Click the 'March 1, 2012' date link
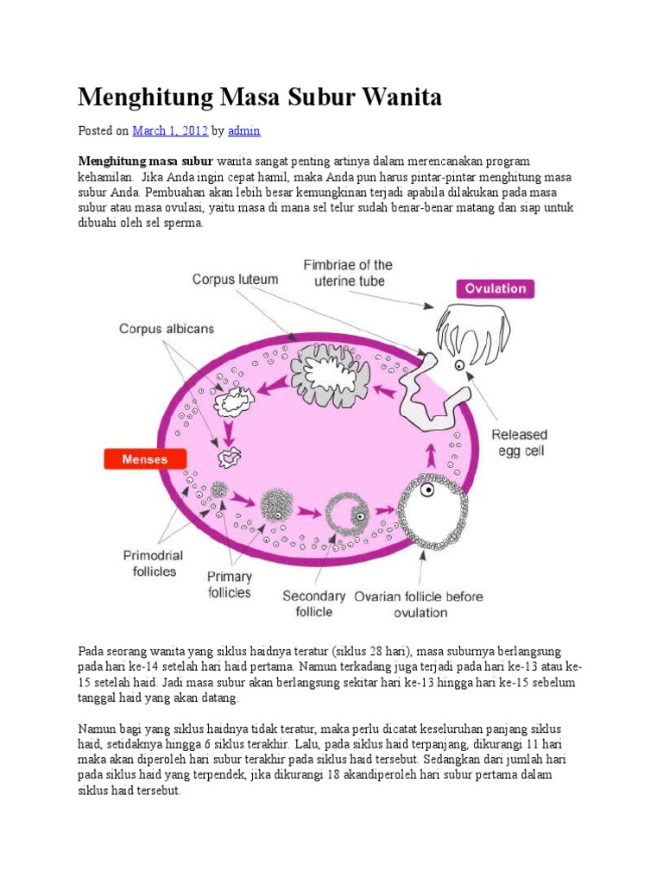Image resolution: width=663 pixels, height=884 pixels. [169, 130]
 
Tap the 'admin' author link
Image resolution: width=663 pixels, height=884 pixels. [243, 130]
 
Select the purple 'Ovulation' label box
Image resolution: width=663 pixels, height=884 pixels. [496, 289]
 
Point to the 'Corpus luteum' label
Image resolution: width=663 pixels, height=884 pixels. [235, 280]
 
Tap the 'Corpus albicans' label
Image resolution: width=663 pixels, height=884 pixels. [167, 329]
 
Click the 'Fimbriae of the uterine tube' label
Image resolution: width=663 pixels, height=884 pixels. [348, 273]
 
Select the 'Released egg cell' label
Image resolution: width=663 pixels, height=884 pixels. [519, 443]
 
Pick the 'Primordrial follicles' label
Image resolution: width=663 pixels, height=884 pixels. [153, 564]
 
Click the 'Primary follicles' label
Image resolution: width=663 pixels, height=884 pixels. [229, 584]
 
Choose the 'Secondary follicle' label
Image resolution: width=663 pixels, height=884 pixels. [314, 603]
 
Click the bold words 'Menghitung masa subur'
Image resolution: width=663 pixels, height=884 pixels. [145, 161]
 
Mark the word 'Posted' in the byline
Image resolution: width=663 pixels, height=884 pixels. [95, 130]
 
